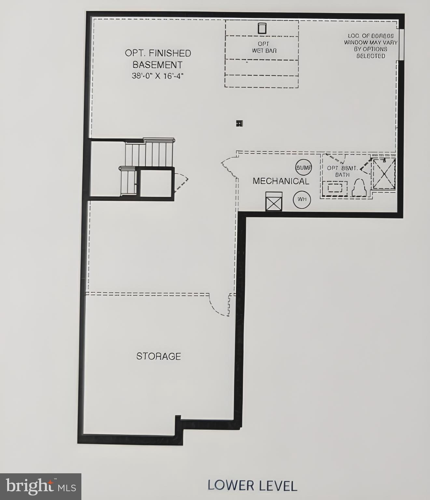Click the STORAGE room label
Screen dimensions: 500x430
click(159, 356)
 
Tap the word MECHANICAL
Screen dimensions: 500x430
click(281, 181)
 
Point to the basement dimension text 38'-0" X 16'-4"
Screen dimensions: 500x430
click(158, 76)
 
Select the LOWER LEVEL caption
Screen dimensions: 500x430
click(252, 485)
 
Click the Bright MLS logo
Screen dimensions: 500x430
click(40, 487)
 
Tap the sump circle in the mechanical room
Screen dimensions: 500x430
click(303, 168)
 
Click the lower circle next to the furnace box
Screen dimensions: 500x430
click(302, 200)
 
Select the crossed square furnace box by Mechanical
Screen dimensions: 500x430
click(274, 201)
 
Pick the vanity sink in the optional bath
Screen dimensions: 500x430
click(335, 188)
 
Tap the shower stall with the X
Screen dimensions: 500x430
click(384, 174)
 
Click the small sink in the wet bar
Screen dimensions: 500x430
click(262, 28)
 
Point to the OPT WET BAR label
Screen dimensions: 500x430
click(263, 47)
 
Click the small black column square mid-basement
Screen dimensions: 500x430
click(240, 123)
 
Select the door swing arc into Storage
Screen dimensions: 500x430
click(219, 305)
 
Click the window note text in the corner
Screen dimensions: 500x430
click(370, 46)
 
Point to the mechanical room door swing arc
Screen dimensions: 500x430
click(230, 164)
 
